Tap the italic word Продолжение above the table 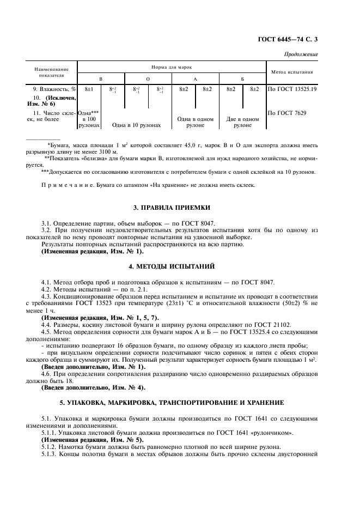point(302,54)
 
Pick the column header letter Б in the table point(242,79)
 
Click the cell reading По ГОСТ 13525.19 point(293,89)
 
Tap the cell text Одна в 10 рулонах point(136,125)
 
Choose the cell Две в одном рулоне point(242,122)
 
